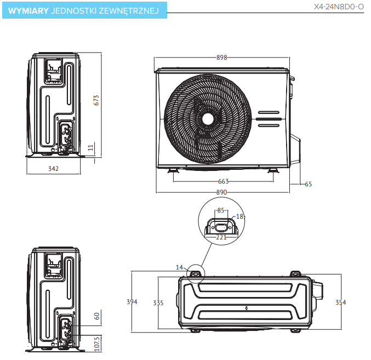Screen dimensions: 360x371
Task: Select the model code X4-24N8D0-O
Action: pos(338,8)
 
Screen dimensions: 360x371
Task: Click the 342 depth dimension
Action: pos(53,169)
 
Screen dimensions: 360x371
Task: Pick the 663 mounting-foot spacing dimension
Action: pos(223,181)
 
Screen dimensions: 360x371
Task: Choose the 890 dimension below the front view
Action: pos(221,192)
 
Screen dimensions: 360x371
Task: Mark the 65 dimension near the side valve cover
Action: pos(308,184)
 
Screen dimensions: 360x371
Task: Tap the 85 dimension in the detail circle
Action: pos(221,210)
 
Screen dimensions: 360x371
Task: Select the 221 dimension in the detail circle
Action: pos(221,237)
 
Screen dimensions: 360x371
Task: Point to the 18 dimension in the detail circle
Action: pos(239,216)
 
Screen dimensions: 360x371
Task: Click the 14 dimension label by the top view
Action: pos(179,267)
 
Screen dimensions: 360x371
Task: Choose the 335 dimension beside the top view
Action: pos(158,302)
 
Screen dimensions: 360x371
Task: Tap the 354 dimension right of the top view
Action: pos(341,302)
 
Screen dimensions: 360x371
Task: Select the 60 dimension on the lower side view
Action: pos(96,316)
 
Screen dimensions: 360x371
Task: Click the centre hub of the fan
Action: pos(208,119)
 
